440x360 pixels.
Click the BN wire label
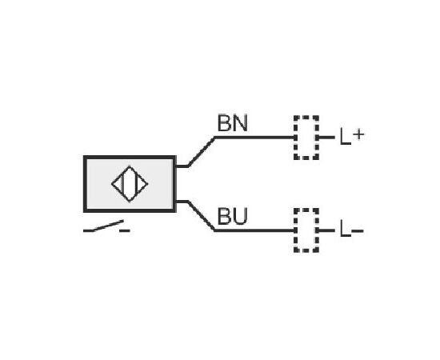click(233, 123)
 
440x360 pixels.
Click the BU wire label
click(233, 216)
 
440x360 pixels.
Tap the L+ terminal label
click(352, 136)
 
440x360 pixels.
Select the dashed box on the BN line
click(294, 138)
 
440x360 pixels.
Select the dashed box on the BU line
click(294, 230)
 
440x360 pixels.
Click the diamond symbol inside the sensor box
click(130, 166)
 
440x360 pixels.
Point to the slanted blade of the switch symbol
click(108, 226)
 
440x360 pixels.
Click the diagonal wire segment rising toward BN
click(201, 152)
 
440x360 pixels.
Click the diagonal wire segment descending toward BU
click(201, 216)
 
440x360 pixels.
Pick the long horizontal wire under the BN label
click(254, 138)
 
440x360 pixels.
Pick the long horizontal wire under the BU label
click(254, 230)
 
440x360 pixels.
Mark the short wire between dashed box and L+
click(326, 138)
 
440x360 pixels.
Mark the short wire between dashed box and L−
click(326, 230)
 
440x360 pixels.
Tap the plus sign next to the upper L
click(358, 134)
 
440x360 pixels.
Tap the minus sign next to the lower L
click(358, 231)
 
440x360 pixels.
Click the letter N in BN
click(241, 123)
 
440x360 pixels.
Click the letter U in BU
click(241, 216)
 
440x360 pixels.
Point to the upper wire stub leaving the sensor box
click(182, 166)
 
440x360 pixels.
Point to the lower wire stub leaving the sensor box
click(182, 202)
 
